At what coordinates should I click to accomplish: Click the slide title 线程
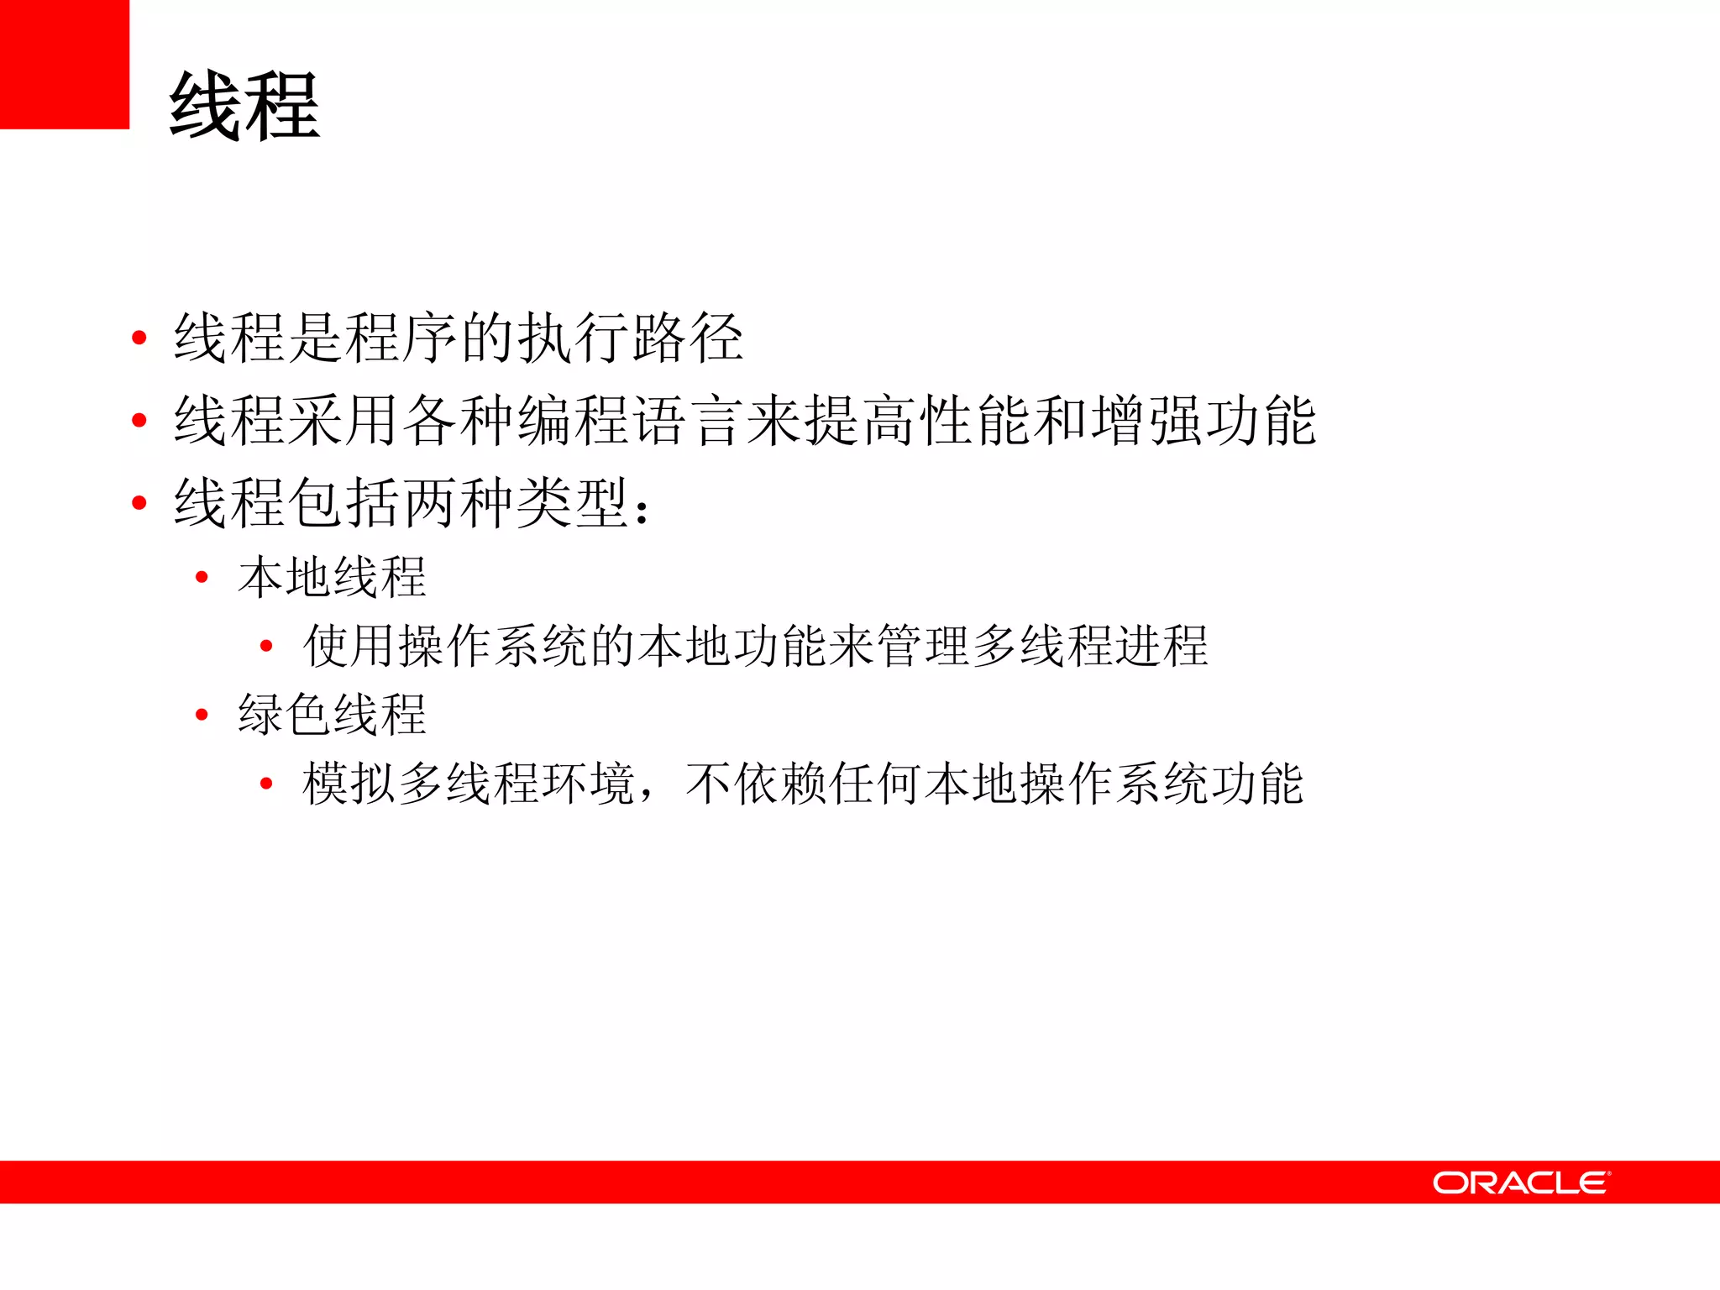(244, 106)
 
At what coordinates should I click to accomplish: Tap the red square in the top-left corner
(64, 64)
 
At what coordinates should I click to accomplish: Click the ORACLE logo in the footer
(1521, 1182)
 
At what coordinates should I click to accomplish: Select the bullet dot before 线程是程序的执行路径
(139, 338)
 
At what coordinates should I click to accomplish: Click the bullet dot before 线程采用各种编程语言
(139, 420)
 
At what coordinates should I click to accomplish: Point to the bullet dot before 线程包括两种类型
(139, 502)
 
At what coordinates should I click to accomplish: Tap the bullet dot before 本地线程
(202, 577)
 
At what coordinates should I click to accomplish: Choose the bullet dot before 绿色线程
(202, 715)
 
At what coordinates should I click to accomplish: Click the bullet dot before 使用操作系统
(266, 646)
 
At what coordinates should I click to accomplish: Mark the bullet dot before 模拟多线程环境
(266, 784)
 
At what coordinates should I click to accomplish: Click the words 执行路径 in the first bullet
(630, 338)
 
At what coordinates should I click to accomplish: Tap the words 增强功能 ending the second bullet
(1203, 420)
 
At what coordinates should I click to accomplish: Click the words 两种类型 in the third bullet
(515, 502)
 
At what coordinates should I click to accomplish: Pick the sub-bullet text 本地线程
(333, 577)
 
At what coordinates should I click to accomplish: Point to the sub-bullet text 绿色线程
(333, 715)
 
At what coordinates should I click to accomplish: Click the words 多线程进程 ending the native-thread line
(1090, 646)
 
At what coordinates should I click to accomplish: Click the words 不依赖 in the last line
(757, 784)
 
